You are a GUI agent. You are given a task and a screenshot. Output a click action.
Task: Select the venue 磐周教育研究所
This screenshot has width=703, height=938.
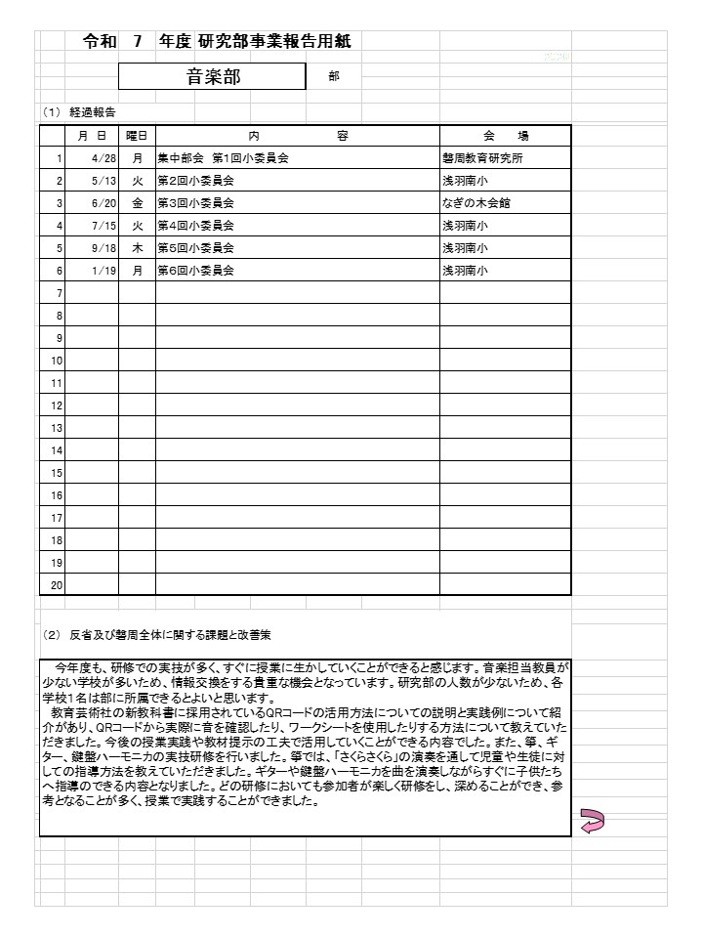point(482,158)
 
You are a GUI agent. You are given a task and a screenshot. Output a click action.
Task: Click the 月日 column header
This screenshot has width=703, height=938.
point(93,136)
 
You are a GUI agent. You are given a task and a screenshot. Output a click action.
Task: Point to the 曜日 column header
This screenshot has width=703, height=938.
point(137,136)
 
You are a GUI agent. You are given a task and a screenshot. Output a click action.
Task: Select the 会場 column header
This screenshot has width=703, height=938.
point(505,136)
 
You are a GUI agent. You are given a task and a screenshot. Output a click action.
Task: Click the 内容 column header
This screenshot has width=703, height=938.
point(297,136)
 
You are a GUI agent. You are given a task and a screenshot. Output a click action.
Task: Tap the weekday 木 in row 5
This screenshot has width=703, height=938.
point(138,248)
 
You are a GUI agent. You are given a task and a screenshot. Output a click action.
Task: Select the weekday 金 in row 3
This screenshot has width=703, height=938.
point(138,203)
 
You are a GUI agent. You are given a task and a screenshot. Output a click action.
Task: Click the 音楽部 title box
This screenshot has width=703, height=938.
point(214,77)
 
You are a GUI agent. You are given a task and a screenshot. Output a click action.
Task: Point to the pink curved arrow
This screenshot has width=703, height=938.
point(592,821)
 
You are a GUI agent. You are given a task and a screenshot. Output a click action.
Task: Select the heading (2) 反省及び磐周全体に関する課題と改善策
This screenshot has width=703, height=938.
point(157,635)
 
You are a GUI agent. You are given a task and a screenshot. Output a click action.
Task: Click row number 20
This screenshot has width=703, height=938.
point(56,584)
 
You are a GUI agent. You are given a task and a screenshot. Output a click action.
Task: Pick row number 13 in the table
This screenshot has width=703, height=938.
point(56,428)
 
